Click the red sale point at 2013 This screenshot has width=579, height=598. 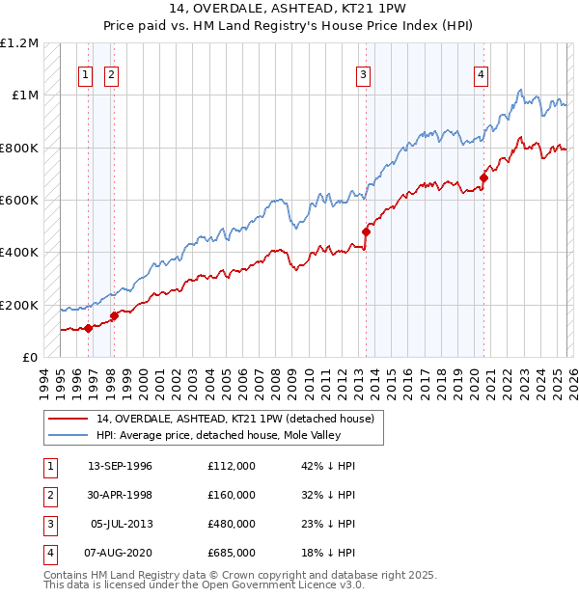pos(367,231)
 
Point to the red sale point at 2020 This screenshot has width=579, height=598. pos(483,177)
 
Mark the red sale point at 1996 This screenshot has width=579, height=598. pos(88,328)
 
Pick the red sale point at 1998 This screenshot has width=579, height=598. pos(114,315)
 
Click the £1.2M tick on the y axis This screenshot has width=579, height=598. pos(19,43)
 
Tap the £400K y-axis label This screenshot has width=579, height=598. pos(19,253)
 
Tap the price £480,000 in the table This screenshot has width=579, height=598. pos(232,523)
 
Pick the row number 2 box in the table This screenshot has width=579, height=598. pos(49,495)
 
